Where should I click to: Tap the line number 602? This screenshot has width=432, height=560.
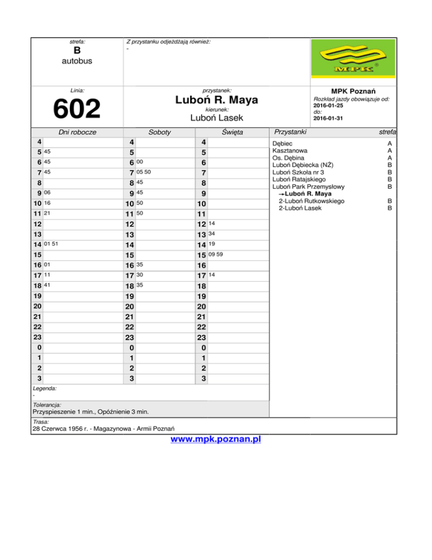tap(76, 109)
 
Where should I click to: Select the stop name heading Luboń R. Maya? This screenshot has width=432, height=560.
tap(217, 100)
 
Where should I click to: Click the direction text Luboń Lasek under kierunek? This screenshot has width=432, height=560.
tap(217, 118)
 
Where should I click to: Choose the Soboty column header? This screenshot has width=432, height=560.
tap(160, 132)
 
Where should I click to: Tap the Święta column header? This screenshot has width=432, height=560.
tap(232, 132)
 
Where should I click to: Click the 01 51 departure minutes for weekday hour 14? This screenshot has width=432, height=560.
tap(51, 245)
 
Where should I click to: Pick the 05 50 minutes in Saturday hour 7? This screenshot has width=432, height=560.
tap(143, 171)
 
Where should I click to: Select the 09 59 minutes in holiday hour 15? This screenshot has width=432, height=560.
tap(215, 255)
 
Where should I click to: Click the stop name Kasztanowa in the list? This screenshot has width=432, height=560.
tap(290, 151)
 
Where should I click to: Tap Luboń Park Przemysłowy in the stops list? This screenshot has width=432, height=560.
tap(308, 186)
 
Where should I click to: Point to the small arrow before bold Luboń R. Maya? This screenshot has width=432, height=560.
tap(282, 194)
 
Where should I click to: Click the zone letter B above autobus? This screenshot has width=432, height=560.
tap(78, 51)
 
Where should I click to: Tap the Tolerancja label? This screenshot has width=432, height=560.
tap(47, 405)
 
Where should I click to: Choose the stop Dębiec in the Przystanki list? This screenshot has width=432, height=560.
tap(282, 144)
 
